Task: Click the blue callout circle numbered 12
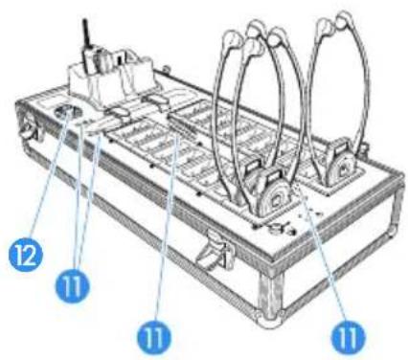pyautogui.click(x=26, y=255)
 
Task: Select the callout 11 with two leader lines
pyautogui.click(x=72, y=286)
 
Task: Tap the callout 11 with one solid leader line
pyautogui.click(x=154, y=336)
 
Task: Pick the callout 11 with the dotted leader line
pyautogui.click(x=348, y=336)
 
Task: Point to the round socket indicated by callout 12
pyautogui.click(x=65, y=112)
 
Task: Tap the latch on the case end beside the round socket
pyautogui.click(x=31, y=127)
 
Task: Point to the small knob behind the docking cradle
pyautogui.click(x=165, y=69)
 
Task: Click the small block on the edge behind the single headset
pyautogui.click(x=363, y=147)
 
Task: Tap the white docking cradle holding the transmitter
pyautogui.click(x=112, y=79)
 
